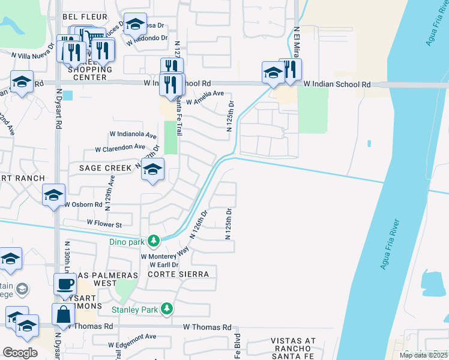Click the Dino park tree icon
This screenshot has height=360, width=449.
coord(154,241)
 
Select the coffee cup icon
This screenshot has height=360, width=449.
coord(65,284)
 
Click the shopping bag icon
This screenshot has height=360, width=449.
coord(64,313)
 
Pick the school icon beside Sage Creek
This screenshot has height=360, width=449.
coord(153,170)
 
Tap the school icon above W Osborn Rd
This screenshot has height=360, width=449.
coord(53,194)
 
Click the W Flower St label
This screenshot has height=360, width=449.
coord(104,224)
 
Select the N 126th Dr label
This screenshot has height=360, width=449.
coord(199,224)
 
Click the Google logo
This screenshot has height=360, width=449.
coord(20,353)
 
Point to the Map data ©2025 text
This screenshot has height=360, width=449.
coord(423,355)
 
